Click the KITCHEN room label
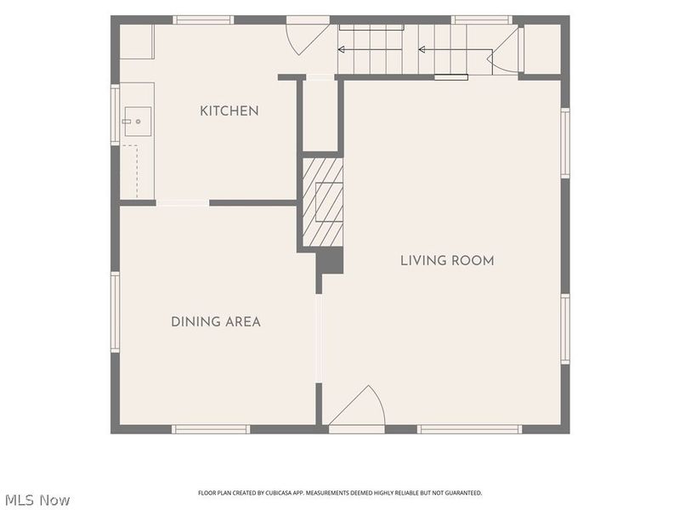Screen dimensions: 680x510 (229, 111)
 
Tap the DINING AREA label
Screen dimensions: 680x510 (216, 322)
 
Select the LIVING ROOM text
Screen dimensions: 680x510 (447, 261)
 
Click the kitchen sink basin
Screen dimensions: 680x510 (138, 122)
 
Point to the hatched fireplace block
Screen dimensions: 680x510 (323, 202)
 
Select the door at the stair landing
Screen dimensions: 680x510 (504, 51)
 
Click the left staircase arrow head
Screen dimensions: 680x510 (342, 49)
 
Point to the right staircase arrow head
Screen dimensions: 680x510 (422, 50)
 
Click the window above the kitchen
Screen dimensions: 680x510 (203, 20)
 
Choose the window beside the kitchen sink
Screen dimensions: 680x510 (115, 115)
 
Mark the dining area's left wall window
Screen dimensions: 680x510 (115, 312)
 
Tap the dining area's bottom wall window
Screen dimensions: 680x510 (211, 429)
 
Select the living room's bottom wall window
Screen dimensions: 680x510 (470, 429)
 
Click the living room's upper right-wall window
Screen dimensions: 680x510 (565, 143)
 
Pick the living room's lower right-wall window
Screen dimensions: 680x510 (565, 329)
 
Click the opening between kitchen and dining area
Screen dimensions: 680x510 (183, 203)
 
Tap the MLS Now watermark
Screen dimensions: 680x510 (37, 500)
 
